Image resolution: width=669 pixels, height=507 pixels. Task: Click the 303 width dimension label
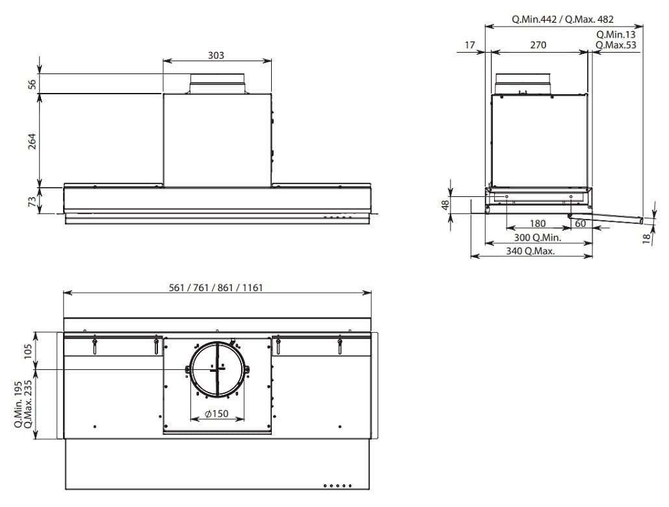216,55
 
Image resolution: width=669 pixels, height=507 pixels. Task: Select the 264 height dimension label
32,141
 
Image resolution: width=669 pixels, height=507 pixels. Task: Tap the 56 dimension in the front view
32,84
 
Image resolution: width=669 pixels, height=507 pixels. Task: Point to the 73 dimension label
32,201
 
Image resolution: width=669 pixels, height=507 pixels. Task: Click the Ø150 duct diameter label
216,413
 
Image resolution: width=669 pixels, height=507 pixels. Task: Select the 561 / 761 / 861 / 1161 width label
216,288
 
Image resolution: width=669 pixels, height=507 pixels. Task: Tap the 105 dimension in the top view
28,352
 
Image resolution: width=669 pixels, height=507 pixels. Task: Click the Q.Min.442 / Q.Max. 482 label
563,19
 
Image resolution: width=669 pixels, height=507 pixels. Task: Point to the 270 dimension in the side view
538,45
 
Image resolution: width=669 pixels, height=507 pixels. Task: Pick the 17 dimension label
469,45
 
